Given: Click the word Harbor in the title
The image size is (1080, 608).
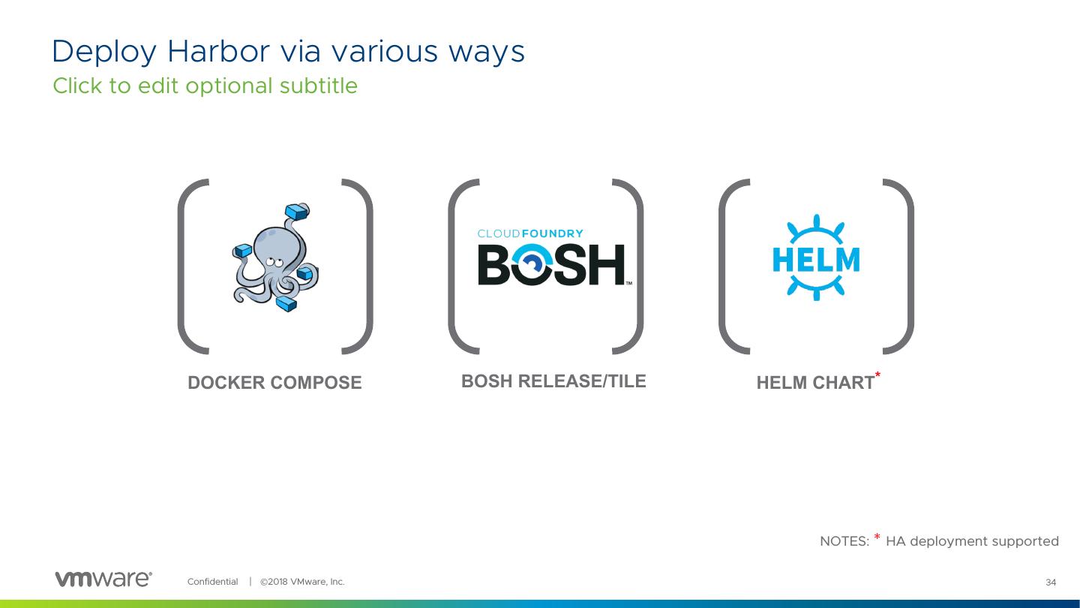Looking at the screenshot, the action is point(217,51).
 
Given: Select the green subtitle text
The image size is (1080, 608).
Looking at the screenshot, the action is point(205,86).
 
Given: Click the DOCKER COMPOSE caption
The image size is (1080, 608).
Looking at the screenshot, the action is point(274,383).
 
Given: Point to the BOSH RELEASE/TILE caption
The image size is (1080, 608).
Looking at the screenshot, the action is point(553,381).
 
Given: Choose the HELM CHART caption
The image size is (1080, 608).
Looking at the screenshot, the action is point(815,383).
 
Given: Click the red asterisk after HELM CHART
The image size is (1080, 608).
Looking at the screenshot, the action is point(877,375).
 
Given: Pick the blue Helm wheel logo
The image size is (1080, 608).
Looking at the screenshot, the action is point(816,260).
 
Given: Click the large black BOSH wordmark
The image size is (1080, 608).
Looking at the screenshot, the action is point(551,264).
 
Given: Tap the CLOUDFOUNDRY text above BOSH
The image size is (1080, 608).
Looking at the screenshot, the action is point(530,233).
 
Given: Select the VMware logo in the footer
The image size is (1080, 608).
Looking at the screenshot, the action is point(103,579).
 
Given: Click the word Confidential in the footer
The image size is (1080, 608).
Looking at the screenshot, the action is point(212,582).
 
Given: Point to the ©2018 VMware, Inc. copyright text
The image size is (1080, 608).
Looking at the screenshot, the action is point(302,582).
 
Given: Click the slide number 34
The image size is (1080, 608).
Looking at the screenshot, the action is point(1050,582).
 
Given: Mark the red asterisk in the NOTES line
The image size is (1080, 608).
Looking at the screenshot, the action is point(877,537).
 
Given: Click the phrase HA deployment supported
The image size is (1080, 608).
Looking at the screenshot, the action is point(972,541).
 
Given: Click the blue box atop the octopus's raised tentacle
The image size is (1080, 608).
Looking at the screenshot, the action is point(298,210).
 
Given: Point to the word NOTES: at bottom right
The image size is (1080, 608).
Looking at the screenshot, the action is point(844,541).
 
